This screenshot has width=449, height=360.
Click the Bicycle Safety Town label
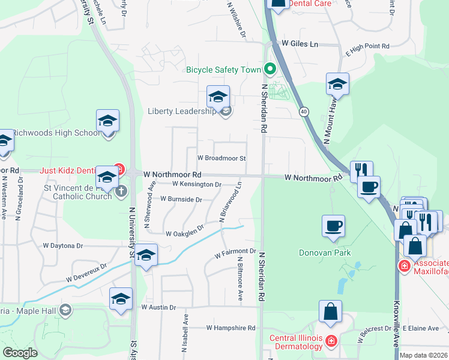223,70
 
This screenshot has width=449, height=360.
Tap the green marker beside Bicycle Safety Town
270,70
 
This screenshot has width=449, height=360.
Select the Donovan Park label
325,253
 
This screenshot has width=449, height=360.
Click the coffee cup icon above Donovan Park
334,226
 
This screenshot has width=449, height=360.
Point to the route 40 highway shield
304,112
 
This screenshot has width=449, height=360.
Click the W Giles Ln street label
300,44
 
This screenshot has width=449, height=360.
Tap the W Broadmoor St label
222,158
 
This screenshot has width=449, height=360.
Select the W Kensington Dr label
197,184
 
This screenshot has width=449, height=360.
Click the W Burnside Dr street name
181,199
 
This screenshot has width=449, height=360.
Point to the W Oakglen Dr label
185,233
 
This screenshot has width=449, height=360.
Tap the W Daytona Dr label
62,245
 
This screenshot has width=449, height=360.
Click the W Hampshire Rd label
231,328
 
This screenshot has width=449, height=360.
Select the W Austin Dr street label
158,307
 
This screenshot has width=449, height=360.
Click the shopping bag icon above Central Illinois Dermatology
330,311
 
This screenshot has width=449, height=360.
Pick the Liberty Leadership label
182,111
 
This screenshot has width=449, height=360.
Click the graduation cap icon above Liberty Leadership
218,96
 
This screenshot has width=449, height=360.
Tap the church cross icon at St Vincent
121,191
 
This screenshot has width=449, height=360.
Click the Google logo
20,353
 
